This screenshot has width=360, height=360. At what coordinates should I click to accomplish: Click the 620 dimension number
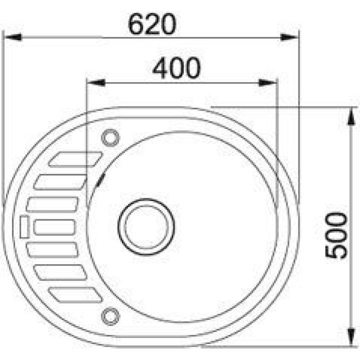click(x=152, y=24)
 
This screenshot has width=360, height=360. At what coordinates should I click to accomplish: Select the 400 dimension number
click(x=176, y=68)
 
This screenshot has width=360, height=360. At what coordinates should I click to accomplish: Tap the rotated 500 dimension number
click(x=336, y=235)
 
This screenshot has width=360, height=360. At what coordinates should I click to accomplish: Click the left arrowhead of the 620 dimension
click(x=13, y=37)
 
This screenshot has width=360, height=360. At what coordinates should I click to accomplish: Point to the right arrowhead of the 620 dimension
click(x=289, y=37)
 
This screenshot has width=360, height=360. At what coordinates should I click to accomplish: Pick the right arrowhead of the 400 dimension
click(x=268, y=82)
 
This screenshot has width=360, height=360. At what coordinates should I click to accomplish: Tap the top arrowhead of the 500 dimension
click(x=351, y=116)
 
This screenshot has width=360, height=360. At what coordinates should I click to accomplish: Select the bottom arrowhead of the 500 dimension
click(x=351, y=337)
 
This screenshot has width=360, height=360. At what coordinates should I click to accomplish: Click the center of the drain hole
click(x=146, y=227)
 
